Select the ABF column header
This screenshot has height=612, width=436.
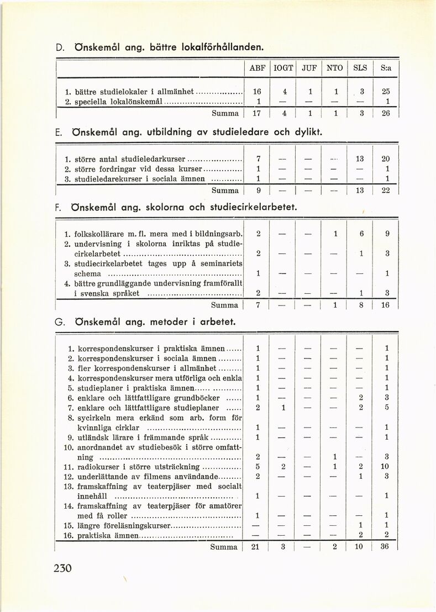coord(258,68)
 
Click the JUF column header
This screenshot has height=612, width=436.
coord(309,68)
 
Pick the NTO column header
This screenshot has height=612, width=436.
coord(335,68)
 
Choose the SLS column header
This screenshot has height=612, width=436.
coord(360,68)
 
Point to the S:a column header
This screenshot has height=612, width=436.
coord(386,68)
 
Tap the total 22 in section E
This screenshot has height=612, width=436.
coord(387,190)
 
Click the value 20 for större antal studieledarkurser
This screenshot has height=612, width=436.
coord(387,159)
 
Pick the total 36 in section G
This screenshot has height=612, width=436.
coord(387,547)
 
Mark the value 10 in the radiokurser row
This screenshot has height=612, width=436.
coord(387,466)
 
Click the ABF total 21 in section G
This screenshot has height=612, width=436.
coord(256,547)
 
